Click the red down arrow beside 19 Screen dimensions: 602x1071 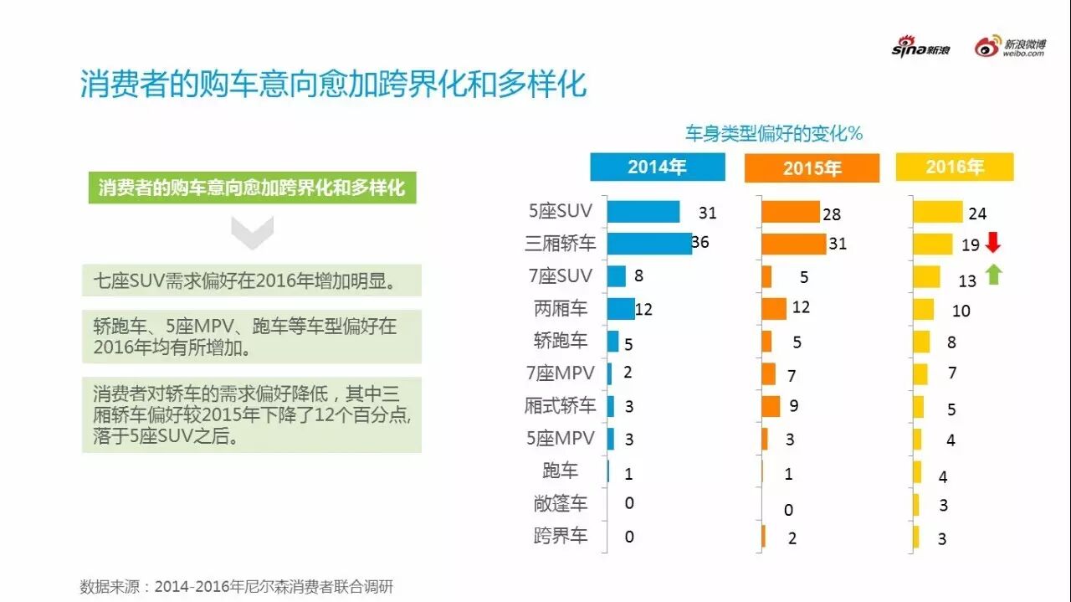(x=993, y=243)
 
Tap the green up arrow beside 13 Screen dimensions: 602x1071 (x=993, y=274)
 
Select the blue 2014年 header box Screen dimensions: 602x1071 (x=657, y=167)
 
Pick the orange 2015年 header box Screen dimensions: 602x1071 (x=812, y=168)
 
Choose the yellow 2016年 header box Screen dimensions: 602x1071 (x=955, y=167)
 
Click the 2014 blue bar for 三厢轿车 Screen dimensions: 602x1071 (x=649, y=243)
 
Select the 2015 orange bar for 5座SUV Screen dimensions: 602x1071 (x=790, y=212)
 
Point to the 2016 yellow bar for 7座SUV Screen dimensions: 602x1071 (x=926, y=276)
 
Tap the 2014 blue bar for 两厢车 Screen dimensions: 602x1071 (x=621, y=308)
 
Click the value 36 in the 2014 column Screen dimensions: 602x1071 (x=700, y=243)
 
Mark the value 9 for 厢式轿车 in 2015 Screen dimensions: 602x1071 (x=793, y=406)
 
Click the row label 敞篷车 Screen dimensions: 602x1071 (x=561, y=503)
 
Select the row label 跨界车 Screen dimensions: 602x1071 (x=561, y=536)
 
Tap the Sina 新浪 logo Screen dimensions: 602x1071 (x=920, y=48)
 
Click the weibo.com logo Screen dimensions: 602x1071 (x=1010, y=48)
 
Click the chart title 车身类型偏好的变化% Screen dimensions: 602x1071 (x=774, y=133)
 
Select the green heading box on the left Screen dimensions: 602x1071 (x=252, y=188)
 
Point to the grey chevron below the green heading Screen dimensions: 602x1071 (x=252, y=232)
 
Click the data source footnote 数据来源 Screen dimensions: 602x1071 (x=236, y=585)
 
